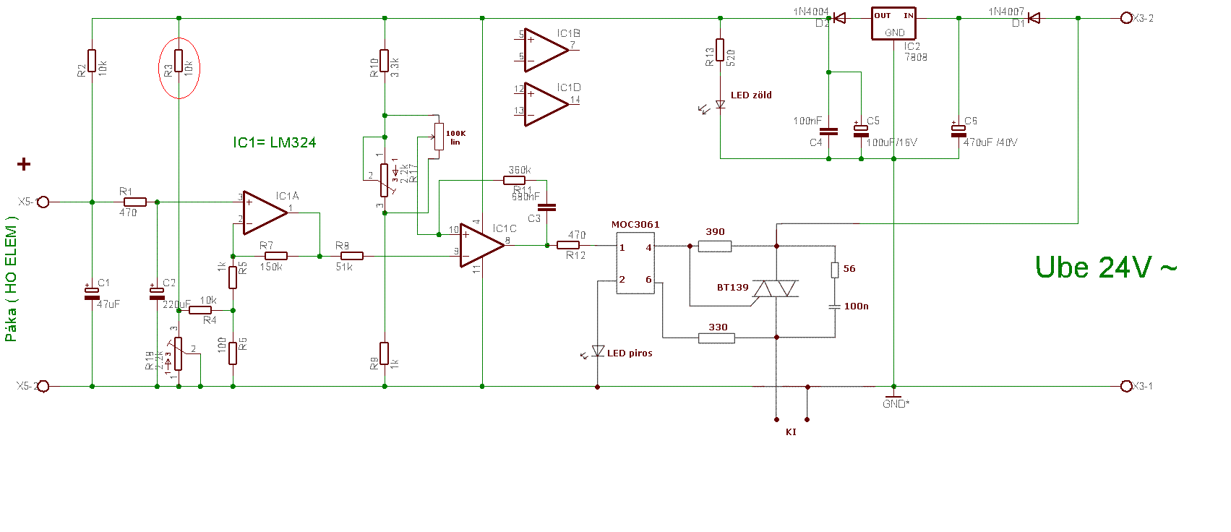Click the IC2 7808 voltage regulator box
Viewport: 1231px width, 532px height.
(893, 24)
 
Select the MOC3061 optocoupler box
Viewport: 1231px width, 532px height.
(635, 262)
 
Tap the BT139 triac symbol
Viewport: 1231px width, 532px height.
(776, 288)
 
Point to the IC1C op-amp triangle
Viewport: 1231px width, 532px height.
(481, 245)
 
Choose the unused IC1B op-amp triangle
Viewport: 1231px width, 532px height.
(546, 50)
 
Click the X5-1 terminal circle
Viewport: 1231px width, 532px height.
(43, 202)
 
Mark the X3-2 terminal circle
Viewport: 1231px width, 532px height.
(1125, 18)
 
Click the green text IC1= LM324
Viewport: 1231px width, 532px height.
(274, 142)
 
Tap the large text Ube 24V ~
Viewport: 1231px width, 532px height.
(1105, 267)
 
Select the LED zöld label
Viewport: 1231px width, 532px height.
(751, 95)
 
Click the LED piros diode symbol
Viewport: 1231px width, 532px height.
(598, 351)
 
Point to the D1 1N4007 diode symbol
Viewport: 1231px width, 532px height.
(1034, 18)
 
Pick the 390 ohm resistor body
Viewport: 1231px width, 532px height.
(715, 246)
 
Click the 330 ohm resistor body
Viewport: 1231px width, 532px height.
(717, 338)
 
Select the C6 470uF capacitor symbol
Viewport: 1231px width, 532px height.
(958, 131)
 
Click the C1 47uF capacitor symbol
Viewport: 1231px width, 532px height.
(92, 293)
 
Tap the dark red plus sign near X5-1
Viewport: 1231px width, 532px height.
(24, 165)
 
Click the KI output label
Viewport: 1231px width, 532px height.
(791, 432)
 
